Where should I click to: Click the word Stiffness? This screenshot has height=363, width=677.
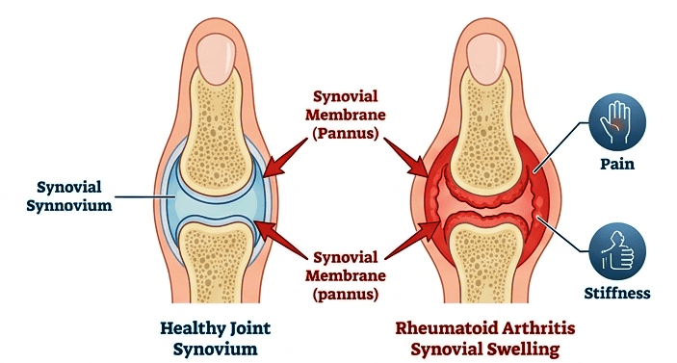[x=617, y=293]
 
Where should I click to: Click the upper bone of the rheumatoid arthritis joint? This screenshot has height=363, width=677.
[x=487, y=125]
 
